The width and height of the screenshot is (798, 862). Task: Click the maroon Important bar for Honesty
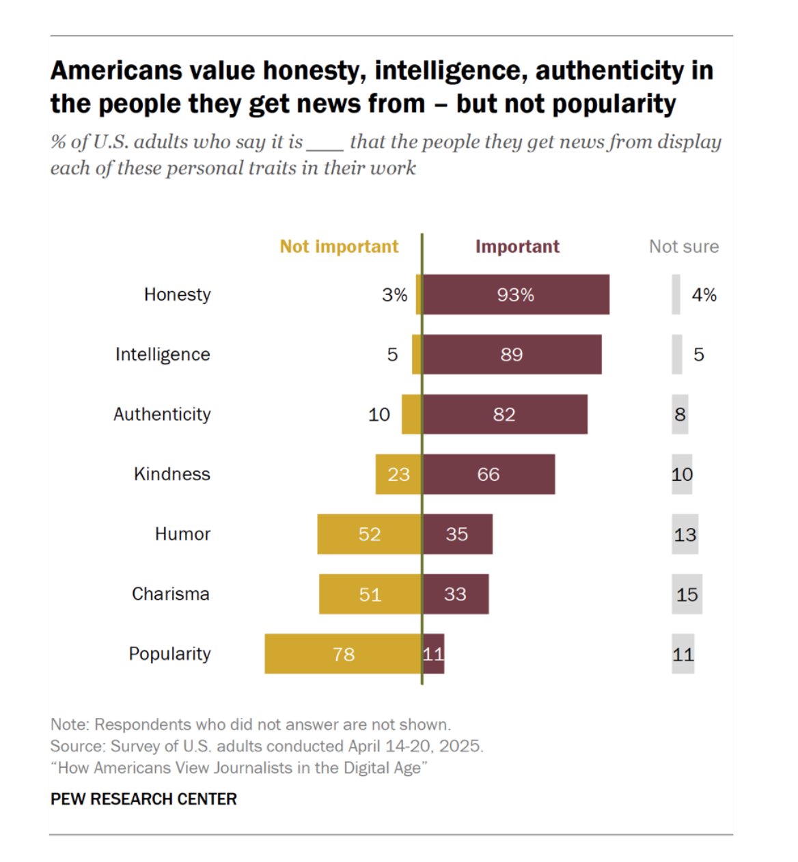pyautogui.click(x=516, y=294)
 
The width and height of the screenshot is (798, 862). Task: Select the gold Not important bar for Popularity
pyautogui.click(x=343, y=654)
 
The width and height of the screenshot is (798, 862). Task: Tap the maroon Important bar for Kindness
pyautogui.click(x=489, y=474)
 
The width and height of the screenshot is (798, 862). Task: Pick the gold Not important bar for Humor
pyautogui.click(x=369, y=534)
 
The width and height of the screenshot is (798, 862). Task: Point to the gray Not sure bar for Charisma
pyautogui.click(x=687, y=594)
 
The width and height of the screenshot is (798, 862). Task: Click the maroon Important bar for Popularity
pyautogui.click(x=434, y=654)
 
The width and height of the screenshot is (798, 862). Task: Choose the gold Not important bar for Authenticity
pyautogui.click(x=411, y=414)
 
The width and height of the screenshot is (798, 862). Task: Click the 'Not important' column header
pyautogui.click(x=339, y=247)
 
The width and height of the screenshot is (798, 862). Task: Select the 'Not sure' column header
pyautogui.click(x=683, y=247)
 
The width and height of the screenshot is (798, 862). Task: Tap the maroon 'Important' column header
pyautogui.click(x=517, y=247)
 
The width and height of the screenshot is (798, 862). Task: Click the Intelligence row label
pyautogui.click(x=163, y=354)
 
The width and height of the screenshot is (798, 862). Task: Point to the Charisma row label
pyautogui.click(x=170, y=594)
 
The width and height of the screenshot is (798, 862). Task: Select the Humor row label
pyautogui.click(x=182, y=534)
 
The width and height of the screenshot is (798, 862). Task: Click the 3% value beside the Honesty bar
pyautogui.click(x=394, y=295)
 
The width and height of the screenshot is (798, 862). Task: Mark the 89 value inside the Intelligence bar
pyautogui.click(x=511, y=354)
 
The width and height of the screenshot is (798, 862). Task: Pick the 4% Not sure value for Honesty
pyautogui.click(x=704, y=295)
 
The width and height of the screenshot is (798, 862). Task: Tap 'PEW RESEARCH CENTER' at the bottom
pyautogui.click(x=143, y=799)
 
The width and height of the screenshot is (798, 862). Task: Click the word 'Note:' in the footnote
pyautogui.click(x=70, y=725)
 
